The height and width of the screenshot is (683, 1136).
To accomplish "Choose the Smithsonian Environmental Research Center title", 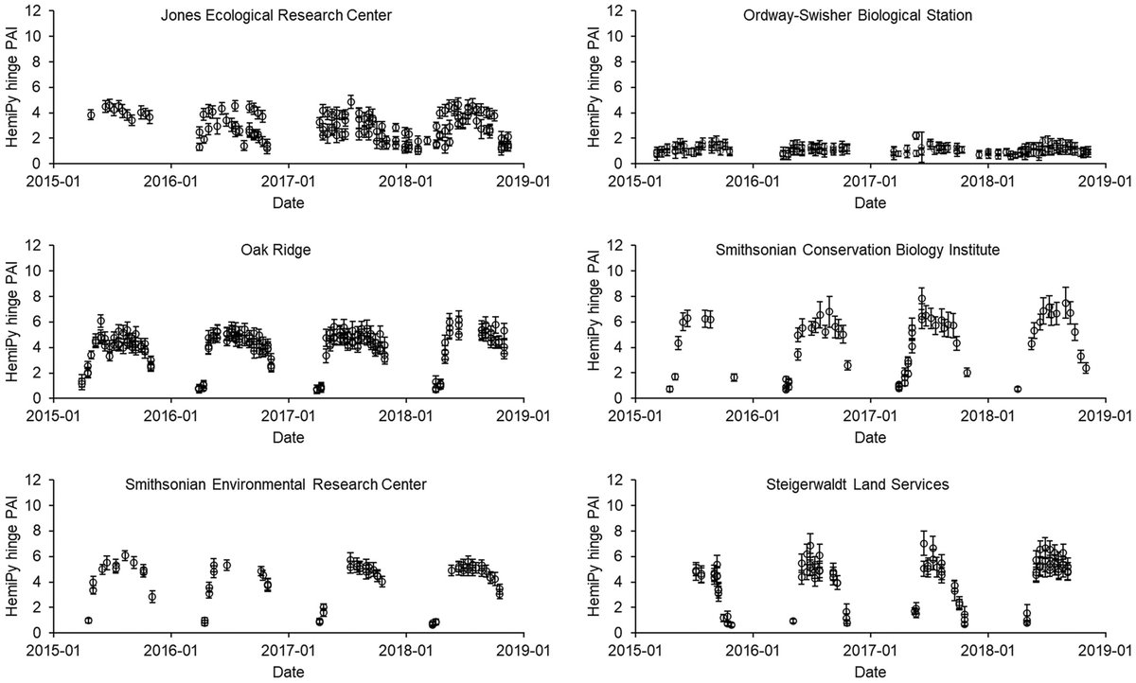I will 275,485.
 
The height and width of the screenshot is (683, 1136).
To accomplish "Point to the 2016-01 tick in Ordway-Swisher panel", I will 754,180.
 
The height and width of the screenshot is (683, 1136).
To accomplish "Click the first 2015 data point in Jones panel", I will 91,114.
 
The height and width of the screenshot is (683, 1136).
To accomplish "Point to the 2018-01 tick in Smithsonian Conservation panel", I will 988,414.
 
